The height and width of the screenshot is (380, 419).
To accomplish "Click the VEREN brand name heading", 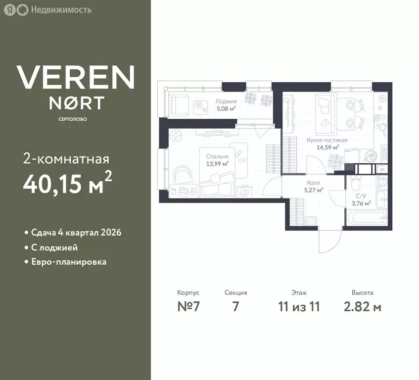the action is point(76,77).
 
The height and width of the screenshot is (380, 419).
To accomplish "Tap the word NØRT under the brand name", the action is point(76,103).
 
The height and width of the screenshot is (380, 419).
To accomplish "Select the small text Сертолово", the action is point(73,119).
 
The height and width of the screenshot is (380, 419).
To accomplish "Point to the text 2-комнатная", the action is point(66,159).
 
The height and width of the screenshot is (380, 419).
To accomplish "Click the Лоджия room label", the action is point(226,101).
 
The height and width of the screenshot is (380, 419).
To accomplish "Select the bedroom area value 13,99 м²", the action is point(217,164).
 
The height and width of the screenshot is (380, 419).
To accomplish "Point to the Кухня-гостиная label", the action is point(327,141).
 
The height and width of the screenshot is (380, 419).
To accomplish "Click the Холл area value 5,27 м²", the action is point(314,190).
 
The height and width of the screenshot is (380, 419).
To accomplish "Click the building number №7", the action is point(188,306).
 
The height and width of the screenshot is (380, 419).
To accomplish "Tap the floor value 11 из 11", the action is point(299,306).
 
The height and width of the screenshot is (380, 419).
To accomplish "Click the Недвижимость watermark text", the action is point(61,10).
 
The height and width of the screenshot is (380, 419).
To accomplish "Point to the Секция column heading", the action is point(235,292).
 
